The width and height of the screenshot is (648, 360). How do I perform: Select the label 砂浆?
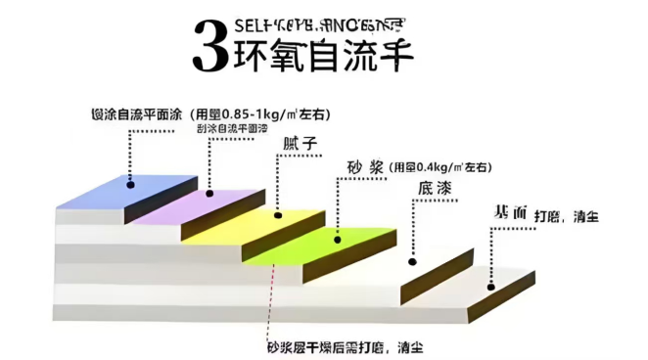(361, 167)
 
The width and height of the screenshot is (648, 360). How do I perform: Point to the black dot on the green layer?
(338, 238)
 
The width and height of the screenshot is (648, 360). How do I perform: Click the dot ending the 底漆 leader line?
(412, 261)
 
